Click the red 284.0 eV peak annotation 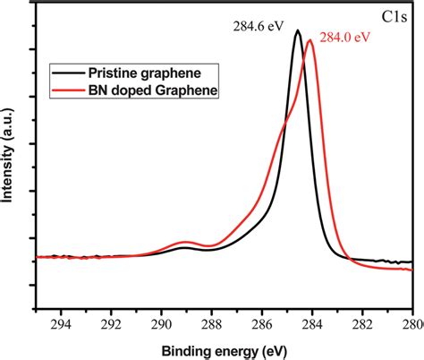point(334,37)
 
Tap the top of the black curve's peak point(297,31)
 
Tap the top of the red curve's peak point(310,40)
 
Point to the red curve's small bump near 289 point(185,242)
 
